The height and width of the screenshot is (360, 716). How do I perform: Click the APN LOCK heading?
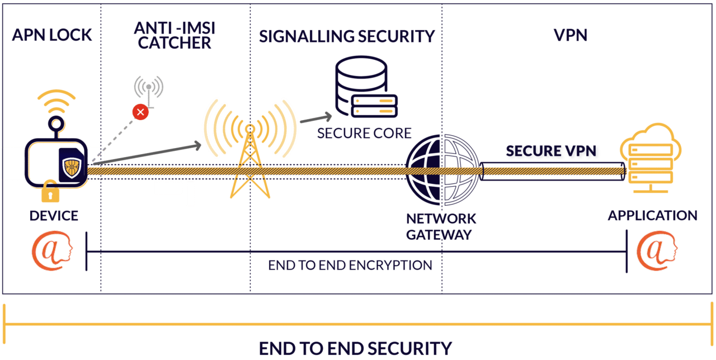click(51, 35)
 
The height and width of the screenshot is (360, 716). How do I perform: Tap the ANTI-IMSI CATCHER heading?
click(175, 35)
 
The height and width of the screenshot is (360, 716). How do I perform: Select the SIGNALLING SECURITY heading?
click(346, 36)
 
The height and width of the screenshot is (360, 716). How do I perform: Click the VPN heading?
click(570, 35)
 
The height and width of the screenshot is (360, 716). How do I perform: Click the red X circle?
click(140, 112)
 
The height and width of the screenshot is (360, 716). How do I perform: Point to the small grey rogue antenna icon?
click(148, 88)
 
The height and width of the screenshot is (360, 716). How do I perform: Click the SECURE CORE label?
click(364, 133)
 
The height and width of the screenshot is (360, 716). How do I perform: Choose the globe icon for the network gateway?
click(442, 170)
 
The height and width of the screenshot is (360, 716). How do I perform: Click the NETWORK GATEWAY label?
click(441, 226)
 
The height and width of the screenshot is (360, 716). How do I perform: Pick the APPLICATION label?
click(652, 215)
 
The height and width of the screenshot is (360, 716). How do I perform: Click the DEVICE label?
click(54, 216)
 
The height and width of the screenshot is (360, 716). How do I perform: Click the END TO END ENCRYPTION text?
click(350, 265)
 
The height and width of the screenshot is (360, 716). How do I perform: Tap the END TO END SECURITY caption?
click(355, 348)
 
